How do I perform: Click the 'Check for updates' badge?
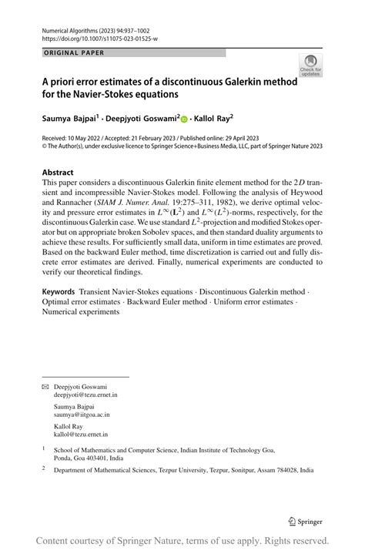point(311,65)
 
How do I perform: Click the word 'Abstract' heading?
point(58,173)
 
